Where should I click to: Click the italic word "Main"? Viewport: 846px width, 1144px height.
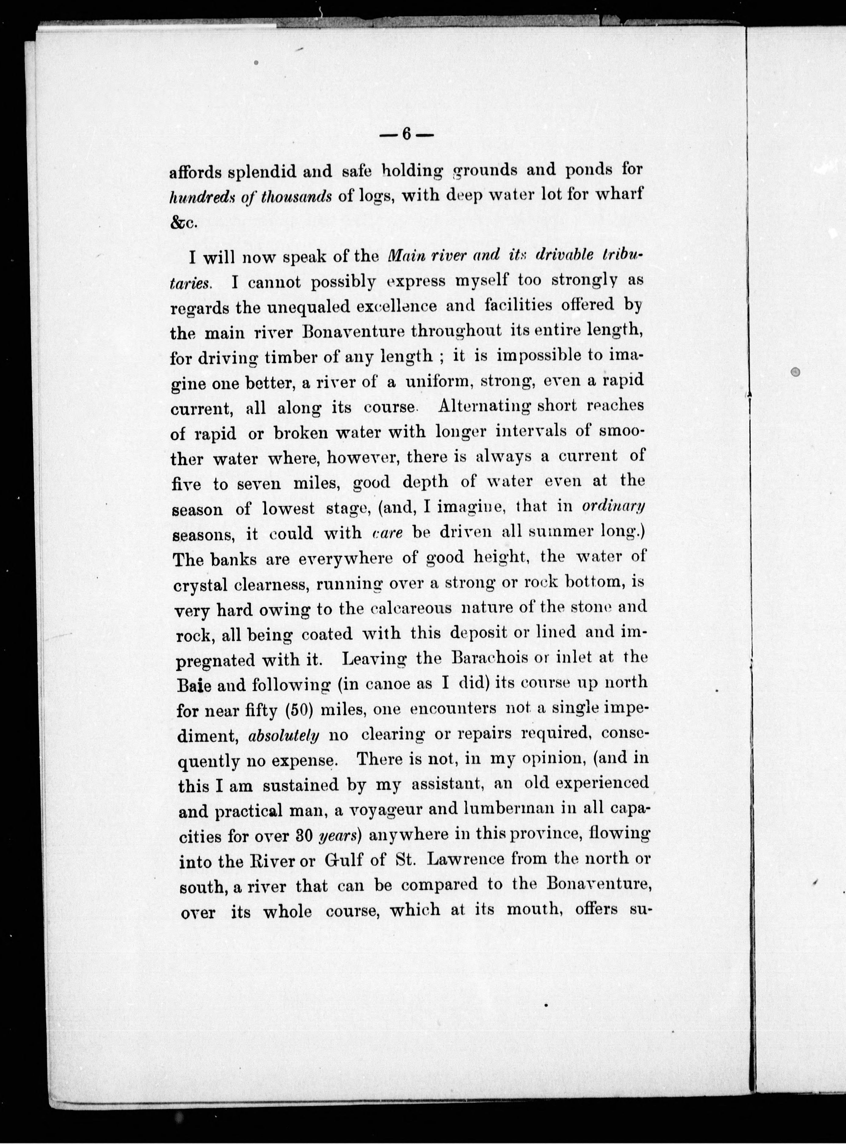click(405, 255)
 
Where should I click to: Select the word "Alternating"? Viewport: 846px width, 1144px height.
click(485, 406)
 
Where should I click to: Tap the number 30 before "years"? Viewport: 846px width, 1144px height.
click(301, 836)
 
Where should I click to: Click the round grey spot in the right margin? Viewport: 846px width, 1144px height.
click(795, 373)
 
